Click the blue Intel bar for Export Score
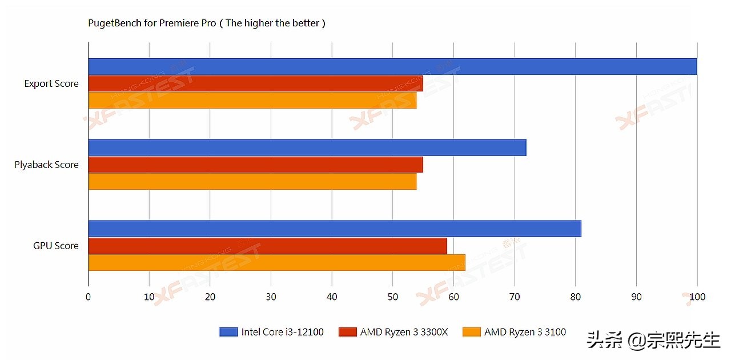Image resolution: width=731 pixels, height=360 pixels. pyautogui.click(x=392, y=66)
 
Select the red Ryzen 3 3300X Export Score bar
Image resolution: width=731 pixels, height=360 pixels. pyautogui.click(x=255, y=83)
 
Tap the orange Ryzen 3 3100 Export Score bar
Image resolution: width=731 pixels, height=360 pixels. pyautogui.click(x=252, y=100)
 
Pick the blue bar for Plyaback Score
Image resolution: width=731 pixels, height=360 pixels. pyautogui.click(x=307, y=147)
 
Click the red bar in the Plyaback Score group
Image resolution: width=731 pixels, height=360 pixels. pyautogui.click(x=255, y=165)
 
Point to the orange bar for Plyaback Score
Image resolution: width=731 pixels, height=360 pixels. pyautogui.click(x=252, y=181)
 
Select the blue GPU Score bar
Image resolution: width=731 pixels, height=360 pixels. pyautogui.click(x=334, y=229)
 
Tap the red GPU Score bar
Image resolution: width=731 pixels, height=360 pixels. pyautogui.click(x=267, y=246)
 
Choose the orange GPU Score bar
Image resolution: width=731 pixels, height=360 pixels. pyautogui.click(x=276, y=262)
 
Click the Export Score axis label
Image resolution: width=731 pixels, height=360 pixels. pyautogui.click(x=51, y=83)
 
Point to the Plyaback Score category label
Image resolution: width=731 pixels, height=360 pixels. pyautogui.click(x=47, y=165)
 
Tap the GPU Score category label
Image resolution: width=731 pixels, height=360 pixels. pyautogui.click(x=56, y=246)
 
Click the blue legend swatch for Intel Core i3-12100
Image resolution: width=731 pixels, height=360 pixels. pyautogui.click(x=228, y=332)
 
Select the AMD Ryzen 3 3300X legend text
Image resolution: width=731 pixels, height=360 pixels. pyautogui.click(x=404, y=332)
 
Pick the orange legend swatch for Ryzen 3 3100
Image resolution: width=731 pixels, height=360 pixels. pyautogui.click(x=472, y=332)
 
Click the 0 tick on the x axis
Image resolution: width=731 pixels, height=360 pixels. pyautogui.click(x=88, y=297)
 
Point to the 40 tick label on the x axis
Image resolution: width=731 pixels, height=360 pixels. pyautogui.click(x=332, y=297)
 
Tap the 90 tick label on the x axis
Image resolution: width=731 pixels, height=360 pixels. pyautogui.click(x=636, y=297)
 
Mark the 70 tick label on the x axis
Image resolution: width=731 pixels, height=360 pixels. pyautogui.click(x=515, y=297)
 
